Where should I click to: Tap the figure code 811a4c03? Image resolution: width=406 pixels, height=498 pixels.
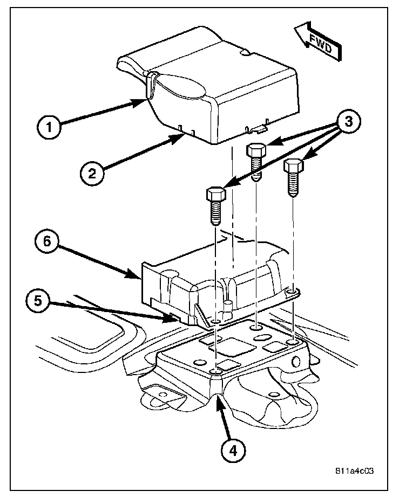(x=353, y=470)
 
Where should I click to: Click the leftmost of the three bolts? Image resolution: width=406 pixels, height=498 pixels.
(x=215, y=206)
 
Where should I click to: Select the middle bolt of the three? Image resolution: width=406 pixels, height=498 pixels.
(x=255, y=161)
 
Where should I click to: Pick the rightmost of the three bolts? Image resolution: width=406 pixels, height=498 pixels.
(x=293, y=176)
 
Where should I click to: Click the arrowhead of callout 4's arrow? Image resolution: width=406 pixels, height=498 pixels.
(x=218, y=398)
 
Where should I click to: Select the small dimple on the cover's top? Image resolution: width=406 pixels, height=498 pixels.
(x=246, y=53)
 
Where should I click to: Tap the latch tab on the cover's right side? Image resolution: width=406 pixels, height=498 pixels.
(x=257, y=129)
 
